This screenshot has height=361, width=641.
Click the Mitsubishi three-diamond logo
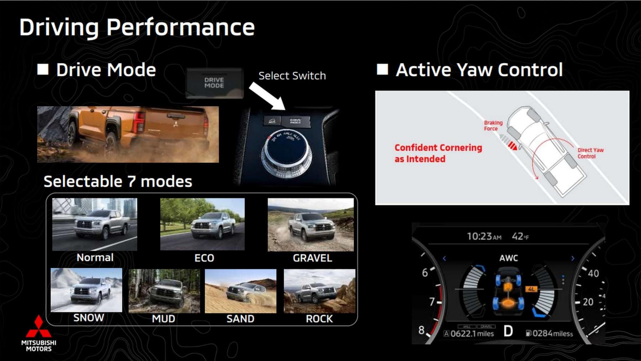38,327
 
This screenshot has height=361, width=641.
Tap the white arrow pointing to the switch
267,96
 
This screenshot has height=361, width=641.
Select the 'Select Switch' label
292,76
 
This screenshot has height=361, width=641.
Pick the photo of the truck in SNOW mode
87,290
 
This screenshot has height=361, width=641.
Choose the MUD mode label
163,319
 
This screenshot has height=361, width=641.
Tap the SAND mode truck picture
240,291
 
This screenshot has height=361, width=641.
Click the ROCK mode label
319,319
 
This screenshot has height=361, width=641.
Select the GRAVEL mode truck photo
311,225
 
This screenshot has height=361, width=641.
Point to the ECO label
204,258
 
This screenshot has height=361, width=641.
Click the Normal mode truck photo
95,225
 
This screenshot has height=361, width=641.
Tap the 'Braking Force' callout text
493,125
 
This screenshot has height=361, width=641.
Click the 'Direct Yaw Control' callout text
590,153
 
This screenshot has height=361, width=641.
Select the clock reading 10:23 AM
484,236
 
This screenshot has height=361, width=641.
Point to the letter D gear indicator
508,331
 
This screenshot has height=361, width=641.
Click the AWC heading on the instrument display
509,258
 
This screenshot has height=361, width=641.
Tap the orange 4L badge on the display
531,289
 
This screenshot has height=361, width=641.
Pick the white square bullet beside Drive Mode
43,69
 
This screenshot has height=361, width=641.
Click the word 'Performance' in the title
181,27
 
